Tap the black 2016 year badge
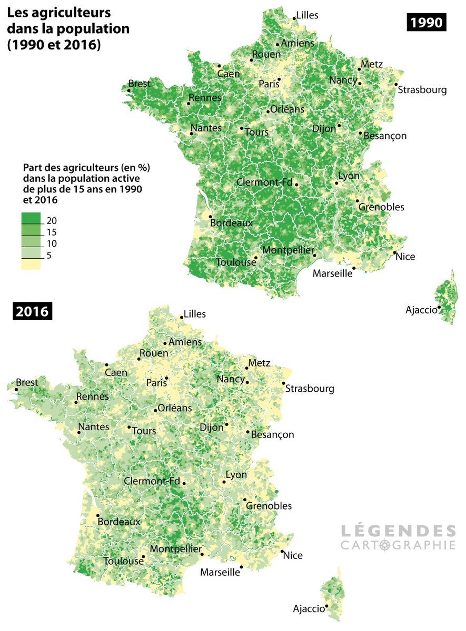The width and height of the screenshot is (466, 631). [32, 311]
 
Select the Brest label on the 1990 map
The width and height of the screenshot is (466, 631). [140, 84]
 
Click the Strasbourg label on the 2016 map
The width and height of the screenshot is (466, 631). [310, 389]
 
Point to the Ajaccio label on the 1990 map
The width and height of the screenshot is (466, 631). [421, 310]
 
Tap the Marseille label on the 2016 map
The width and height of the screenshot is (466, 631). [220, 573]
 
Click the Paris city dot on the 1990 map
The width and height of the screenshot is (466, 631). [279, 79]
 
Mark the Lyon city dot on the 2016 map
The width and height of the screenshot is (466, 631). [224, 482]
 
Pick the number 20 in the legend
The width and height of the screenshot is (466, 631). [52, 220]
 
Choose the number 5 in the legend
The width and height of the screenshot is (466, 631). [49, 256]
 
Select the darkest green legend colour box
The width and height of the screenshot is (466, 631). [31, 218]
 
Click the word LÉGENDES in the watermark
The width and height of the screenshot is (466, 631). [398, 530]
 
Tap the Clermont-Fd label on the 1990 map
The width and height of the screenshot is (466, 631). [264, 182]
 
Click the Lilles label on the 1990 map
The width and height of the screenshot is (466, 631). [308, 15]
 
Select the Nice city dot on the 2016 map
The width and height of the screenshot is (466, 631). [282, 551]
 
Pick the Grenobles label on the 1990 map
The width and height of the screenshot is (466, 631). [381, 207]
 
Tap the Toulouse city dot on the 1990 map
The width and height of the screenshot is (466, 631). [256, 258]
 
